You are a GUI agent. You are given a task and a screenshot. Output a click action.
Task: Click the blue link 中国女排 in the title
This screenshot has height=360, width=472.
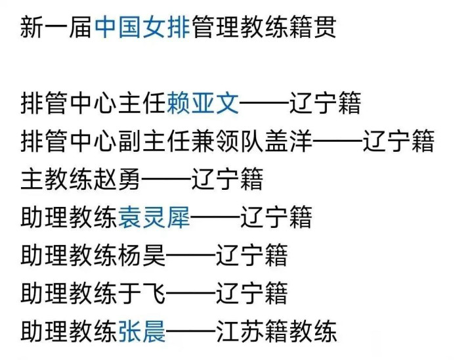click(142, 28)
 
